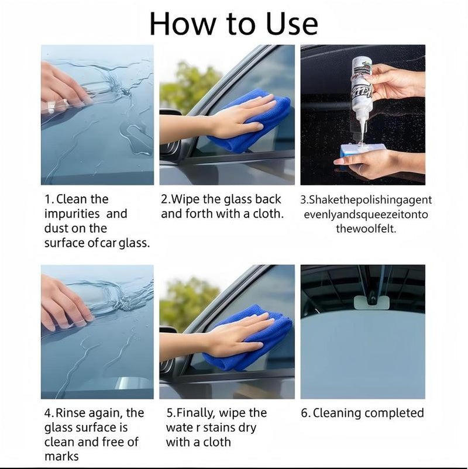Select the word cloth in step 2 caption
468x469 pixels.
click(266, 214)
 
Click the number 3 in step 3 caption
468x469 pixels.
click(304, 200)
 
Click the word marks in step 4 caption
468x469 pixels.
click(61, 456)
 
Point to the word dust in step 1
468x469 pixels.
click(57, 229)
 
